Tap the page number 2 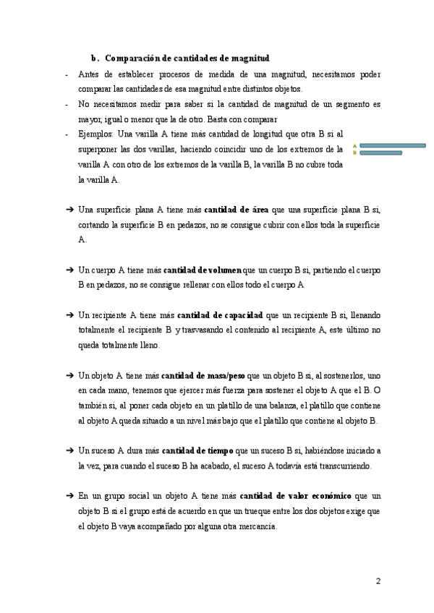[x=377, y=582]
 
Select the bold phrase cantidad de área [x=237, y=210]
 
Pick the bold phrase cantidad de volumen [x=203, y=270]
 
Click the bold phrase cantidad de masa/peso [x=203, y=375]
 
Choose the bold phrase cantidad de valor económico [x=296, y=496]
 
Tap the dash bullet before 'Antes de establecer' [x=67, y=74]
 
